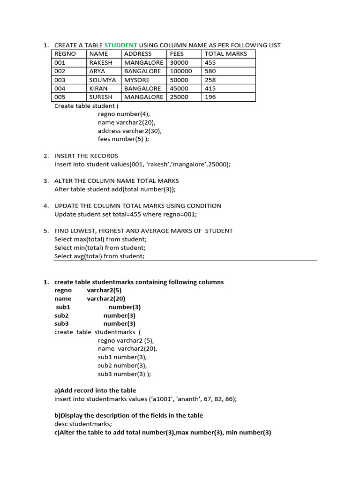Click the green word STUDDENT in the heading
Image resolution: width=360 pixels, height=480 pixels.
pyautogui.click(x=120, y=45)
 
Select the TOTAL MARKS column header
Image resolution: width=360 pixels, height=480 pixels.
pyautogui.click(x=225, y=54)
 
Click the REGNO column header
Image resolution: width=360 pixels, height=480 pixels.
pyautogui.click(x=65, y=54)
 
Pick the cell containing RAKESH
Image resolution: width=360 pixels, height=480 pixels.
pyautogui.click(x=101, y=62)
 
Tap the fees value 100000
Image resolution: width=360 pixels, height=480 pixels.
pyautogui.click(x=181, y=71)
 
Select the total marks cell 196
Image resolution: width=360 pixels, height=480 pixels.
pyautogui.click(x=210, y=97)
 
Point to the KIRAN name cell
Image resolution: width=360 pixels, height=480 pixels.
pyautogui.click(x=98, y=89)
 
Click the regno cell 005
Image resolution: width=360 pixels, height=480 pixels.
pyautogui.click(x=60, y=97)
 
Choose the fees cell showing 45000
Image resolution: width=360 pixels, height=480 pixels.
pyautogui.click(x=179, y=89)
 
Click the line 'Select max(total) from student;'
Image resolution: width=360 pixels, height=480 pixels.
pyautogui.click(x=100, y=239)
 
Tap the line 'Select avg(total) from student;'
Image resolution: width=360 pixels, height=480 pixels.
pyautogui.click(x=99, y=256)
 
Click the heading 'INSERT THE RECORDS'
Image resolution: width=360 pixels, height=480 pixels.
pyautogui.click(x=86, y=156)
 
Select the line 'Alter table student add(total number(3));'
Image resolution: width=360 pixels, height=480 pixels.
pyautogui.click(x=115, y=189)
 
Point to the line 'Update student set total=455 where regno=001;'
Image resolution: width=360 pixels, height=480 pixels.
pyautogui.click(x=126, y=214)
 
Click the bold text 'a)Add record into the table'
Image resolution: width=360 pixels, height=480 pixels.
pyautogui.click(x=95, y=390)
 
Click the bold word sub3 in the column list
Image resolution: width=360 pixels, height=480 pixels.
pyautogui.click(x=61, y=323)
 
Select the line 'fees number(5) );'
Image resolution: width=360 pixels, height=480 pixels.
pyautogui.click(x=123, y=139)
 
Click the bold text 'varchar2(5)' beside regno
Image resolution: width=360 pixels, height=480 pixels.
pyautogui.click(x=104, y=290)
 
